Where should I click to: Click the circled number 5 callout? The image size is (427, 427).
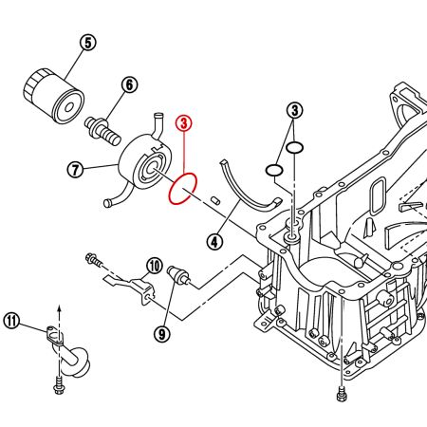click(x=88, y=42)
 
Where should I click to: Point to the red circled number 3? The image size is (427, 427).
click(x=185, y=122)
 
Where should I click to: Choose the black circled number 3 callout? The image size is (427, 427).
click(x=296, y=111)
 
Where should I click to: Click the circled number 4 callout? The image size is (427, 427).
click(x=216, y=242)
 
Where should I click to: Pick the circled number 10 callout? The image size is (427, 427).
click(x=155, y=265)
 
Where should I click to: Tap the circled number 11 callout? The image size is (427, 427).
click(x=11, y=320)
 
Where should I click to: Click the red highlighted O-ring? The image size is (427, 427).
click(x=182, y=188)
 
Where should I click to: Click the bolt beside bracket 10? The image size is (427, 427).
click(x=94, y=258)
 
